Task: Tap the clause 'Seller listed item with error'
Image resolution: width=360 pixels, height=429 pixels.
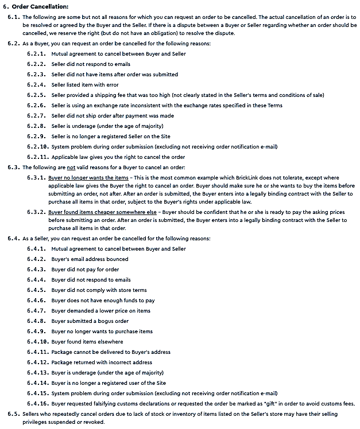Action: coord(85,85)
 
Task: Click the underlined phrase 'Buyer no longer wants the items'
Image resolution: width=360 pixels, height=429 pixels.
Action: coord(88,178)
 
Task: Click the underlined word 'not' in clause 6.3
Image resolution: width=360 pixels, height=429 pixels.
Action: coord(71,167)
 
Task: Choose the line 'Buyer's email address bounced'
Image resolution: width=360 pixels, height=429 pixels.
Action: coord(90,259)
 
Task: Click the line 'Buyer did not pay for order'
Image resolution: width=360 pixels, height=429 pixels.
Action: coord(85,270)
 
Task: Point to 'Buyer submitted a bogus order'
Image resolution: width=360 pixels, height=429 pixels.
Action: coord(90,321)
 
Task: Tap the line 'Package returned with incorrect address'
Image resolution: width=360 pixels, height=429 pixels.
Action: coord(102,362)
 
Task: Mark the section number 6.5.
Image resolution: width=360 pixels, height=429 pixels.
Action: coord(14,414)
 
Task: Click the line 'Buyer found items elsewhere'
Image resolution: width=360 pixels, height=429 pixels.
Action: coord(87,342)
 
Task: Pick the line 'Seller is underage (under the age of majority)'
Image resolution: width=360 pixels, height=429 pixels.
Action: coord(107,126)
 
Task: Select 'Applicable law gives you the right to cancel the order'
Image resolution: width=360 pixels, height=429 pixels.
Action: coord(118,157)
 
